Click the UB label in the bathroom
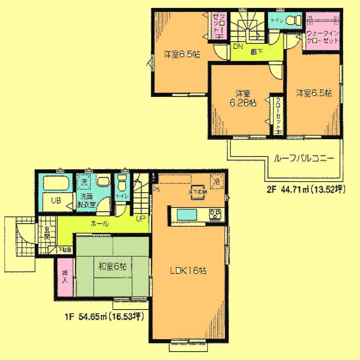pos(55,201)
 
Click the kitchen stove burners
pos(216,215)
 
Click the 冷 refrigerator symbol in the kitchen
pos(216,180)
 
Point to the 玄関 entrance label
pos(46,233)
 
